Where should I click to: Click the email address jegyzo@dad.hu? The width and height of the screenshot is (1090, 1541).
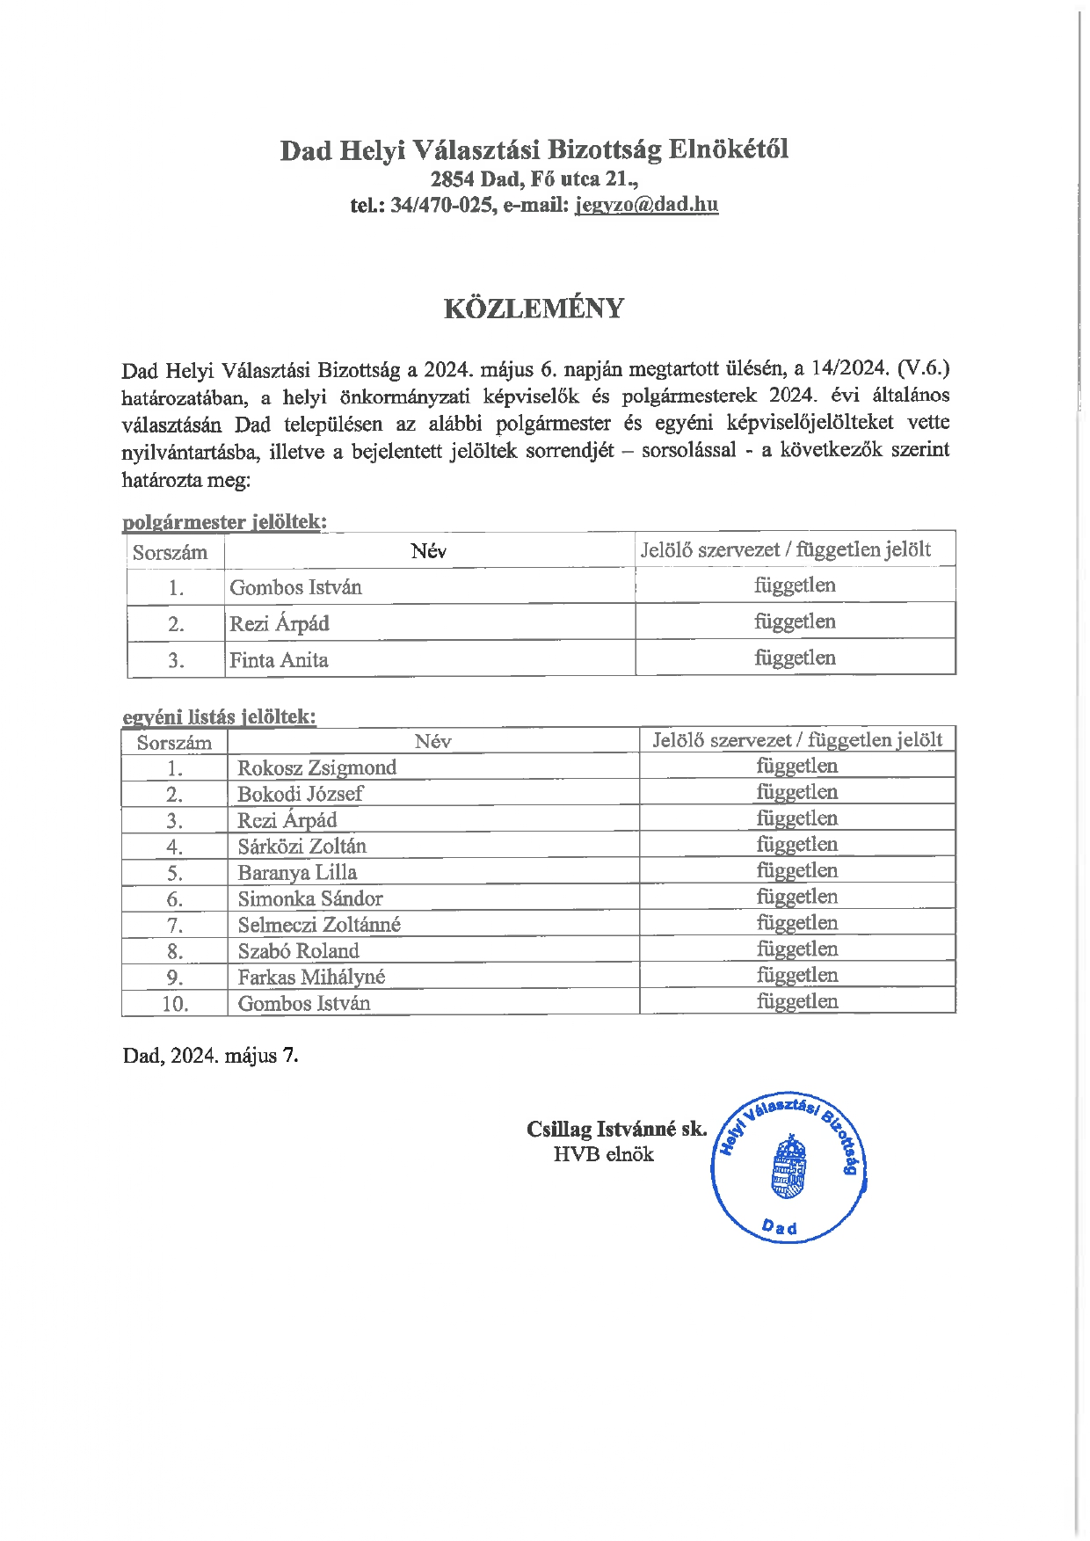coord(646,205)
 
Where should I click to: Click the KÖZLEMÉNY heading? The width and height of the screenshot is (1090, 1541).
coord(534,309)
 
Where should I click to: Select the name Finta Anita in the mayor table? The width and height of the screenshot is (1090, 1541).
coord(279,660)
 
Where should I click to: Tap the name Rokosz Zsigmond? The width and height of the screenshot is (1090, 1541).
coord(316,767)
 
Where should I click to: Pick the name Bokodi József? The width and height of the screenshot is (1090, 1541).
coord(300,794)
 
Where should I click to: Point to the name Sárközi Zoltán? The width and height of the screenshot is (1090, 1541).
coord(302,847)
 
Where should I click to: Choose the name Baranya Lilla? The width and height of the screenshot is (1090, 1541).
coord(297,873)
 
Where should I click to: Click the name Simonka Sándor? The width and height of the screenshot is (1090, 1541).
coord(310,898)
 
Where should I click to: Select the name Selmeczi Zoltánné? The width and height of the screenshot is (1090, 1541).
coord(319,925)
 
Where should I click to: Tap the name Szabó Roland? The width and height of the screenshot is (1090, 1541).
coord(298,951)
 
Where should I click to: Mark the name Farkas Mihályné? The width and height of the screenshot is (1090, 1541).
coord(311,978)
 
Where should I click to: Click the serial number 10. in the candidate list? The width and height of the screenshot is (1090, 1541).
coord(175,1004)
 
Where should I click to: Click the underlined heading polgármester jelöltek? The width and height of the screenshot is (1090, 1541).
coord(224,522)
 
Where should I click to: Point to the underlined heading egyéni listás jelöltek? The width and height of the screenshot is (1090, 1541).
coord(219,716)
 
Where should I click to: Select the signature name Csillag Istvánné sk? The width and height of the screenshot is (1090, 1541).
coord(616,1130)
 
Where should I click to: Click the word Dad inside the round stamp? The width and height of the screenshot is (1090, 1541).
coord(780,1226)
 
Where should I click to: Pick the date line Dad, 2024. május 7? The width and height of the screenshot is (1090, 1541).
coord(210,1056)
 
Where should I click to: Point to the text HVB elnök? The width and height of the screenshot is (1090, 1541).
coord(603,1155)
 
